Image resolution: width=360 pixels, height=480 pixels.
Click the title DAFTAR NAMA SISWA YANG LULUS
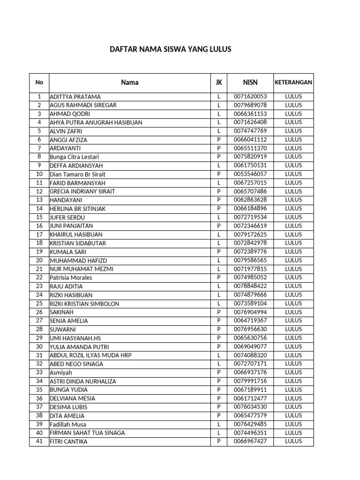tap(170, 49)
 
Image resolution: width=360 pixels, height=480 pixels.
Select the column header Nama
tap(129, 82)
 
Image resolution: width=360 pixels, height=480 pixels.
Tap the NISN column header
tap(250, 82)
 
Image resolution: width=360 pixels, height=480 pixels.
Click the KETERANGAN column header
tap(293, 82)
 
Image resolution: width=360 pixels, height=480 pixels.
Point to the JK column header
tap(218, 82)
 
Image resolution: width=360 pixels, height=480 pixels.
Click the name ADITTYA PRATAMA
tap(75, 97)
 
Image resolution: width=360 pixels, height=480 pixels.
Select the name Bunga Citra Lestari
tap(74, 157)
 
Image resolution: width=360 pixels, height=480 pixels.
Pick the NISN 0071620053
tap(250, 97)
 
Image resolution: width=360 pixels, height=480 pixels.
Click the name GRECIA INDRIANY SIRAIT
tap(82, 192)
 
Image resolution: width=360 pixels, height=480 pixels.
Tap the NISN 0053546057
tap(250, 174)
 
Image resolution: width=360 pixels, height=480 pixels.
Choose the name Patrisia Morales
tap(71, 278)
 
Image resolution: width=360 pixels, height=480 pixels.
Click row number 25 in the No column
tap(39, 304)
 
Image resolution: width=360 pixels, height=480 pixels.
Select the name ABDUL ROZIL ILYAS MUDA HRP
tap(90, 355)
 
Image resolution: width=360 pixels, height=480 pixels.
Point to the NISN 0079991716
tap(250, 381)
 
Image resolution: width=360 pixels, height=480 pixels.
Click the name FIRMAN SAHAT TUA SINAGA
tap(87, 433)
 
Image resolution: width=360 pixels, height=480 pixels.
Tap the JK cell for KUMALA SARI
tap(218, 252)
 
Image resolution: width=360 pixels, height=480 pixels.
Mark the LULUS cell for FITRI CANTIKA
tap(293, 442)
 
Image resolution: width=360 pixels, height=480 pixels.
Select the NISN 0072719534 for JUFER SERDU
tap(250, 217)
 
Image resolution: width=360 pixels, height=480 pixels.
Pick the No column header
tap(39, 82)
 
